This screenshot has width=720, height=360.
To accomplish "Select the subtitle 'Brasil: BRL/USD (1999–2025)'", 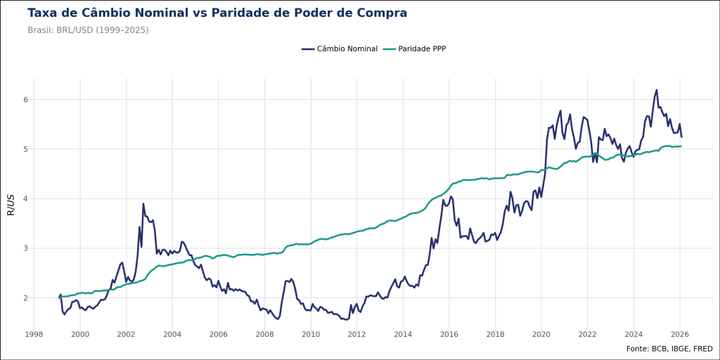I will [x=88, y=30].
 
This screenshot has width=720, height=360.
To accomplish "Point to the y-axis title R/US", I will [x=11, y=203].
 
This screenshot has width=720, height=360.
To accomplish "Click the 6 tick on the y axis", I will [x=24, y=100].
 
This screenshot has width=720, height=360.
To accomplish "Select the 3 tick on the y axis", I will [x=24, y=248].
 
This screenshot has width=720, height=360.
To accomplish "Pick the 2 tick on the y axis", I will [x=24, y=298].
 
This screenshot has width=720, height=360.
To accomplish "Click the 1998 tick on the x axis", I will [x=34, y=335].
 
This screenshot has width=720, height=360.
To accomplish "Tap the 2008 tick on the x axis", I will [x=264, y=335].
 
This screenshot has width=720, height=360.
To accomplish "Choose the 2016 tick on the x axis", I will [x=449, y=335].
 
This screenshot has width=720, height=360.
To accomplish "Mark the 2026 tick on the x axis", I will [x=679, y=335].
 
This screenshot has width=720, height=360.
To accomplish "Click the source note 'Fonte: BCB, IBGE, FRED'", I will [x=669, y=349].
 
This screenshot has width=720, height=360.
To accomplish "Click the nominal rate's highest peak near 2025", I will [x=656, y=90].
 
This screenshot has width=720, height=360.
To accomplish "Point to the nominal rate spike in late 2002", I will [x=143, y=204].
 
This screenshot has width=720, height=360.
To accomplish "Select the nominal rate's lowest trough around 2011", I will [x=347, y=319].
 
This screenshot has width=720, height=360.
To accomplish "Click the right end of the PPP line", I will [x=681, y=146].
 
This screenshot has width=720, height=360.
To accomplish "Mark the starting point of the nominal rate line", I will [x=59, y=297].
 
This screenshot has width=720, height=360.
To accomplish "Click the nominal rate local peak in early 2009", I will [x=291, y=279].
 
